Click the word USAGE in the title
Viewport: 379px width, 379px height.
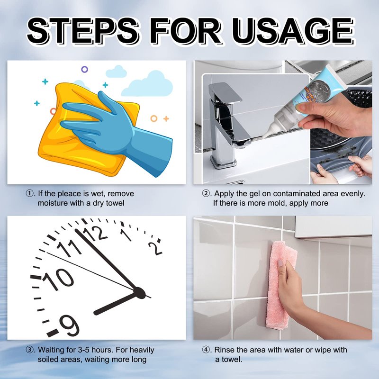293,31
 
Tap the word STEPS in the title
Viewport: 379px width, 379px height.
83,31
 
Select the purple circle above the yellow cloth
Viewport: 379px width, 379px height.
84,70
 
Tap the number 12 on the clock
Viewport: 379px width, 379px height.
96,233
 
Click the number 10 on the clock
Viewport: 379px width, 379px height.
58,279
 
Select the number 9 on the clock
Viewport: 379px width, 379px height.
69,325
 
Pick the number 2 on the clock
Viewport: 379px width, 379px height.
155,248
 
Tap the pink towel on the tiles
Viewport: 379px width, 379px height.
280,285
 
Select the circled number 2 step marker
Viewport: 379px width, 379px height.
206,194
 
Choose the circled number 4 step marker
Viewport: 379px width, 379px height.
206,350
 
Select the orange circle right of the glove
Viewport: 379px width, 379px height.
153,118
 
